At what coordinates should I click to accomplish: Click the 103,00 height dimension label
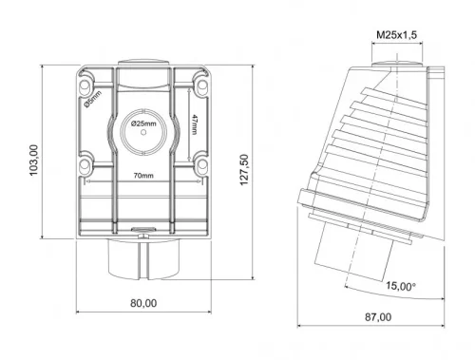(x=34, y=161)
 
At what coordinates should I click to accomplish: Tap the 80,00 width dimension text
(x=142, y=303)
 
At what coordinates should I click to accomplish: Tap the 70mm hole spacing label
(x=143, y=176)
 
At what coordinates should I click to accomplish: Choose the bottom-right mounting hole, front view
(x=200, y=167)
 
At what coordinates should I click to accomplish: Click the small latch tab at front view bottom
(x=142, y=228)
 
